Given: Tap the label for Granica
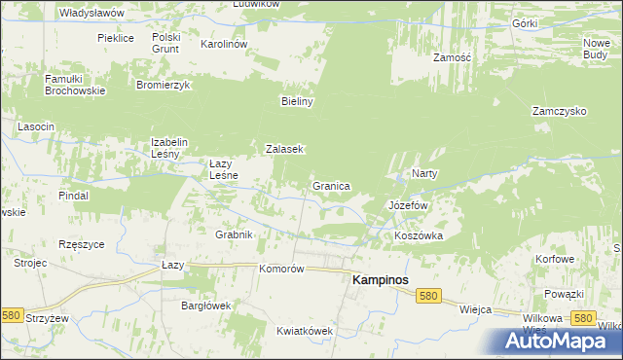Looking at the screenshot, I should (x=331, y=185).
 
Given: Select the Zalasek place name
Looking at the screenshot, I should (x=286, y=149).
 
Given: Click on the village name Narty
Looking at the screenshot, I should (x=424, y=173).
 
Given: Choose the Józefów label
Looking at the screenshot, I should (x=409, y=206).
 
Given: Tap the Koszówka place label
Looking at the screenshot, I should (x=419, y=235).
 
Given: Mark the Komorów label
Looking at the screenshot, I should (x=283, y=269).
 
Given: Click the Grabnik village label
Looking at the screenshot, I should (x=234, y=234).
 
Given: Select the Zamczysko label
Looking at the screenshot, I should (x=559, y=111).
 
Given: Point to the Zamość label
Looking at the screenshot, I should (x=452, y=57).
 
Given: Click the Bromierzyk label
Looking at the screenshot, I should (x=163, y=85).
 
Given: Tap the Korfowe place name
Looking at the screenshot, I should (x=556, y=260).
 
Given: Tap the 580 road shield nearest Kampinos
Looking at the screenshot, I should (x=426, y=294).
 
